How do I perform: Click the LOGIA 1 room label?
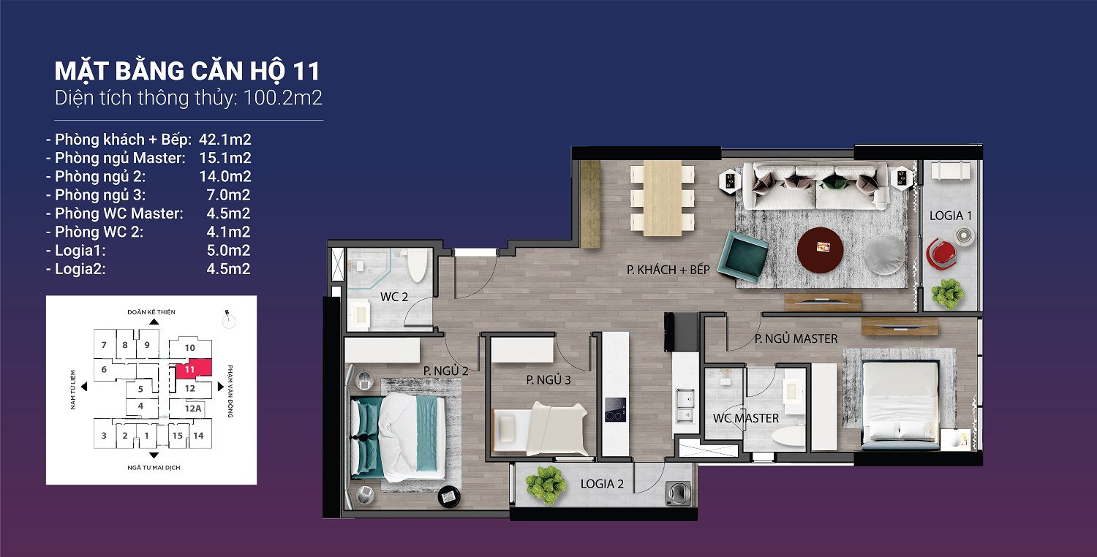(950, 216)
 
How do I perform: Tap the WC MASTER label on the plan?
(746, 419)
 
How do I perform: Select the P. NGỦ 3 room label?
(548, 380)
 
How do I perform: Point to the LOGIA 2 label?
(602, 484)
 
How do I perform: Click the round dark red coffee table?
(820, 249)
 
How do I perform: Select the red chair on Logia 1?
(940, 254)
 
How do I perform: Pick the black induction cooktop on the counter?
(615, 409)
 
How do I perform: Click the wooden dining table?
(662, 198)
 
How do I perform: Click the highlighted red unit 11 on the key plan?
(194, 368)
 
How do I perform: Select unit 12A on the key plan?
(193, 409)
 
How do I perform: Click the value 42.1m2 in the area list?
(225, 140)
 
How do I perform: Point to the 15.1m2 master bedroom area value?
(225, 158)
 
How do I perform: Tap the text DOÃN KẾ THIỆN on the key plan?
(151, 312)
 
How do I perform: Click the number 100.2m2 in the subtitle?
(282, 98)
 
